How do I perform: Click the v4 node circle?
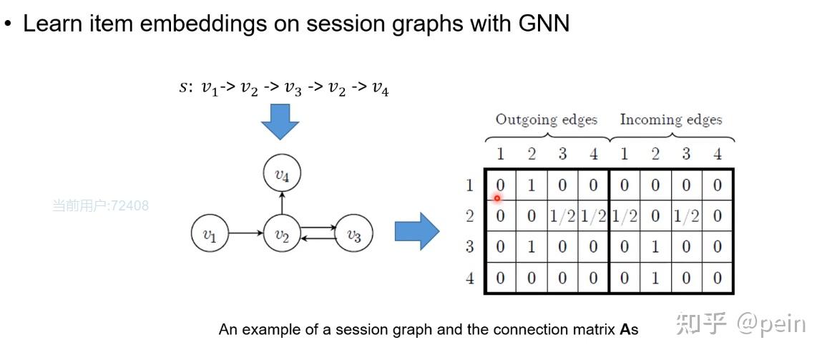(x=282, y=174)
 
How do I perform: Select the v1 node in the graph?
(x=210, y=233)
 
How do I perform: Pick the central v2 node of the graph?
(x=282, y=233)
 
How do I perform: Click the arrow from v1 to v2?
(x=246, y=233)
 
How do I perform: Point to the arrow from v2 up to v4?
(x=282, y=203)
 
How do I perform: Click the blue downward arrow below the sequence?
(x=280, y=122)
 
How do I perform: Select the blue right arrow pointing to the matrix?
(x=417, y=231)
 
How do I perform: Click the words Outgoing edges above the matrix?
(x=546, y=120)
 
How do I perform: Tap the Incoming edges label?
(x=671, y=120)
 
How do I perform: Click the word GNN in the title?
(x=544, y=24)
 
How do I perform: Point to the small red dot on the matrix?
(x=496, y=198)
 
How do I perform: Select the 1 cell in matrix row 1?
(x=532, y=185)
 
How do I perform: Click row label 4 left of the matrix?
(x=470, y=278)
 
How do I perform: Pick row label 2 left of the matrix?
(x=470, y=216)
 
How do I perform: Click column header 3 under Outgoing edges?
(x=563, y=154)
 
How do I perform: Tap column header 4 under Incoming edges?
(x=718, y=154)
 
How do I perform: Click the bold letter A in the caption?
(x=625, y=329)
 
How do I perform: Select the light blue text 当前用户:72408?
(x=100, y=205)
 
